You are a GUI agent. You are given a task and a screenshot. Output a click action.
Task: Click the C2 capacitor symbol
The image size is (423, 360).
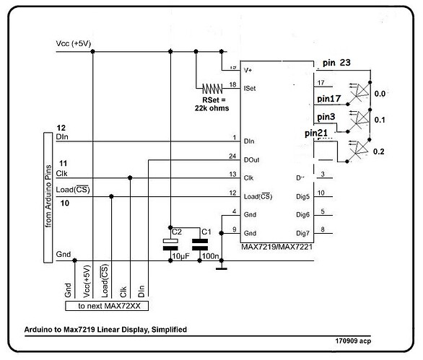[x=170, y=243]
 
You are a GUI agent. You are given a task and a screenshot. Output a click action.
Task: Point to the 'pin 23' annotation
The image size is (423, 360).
[x=336, y=63]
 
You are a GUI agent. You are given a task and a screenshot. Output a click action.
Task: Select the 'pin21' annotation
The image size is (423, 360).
[x=318, y=133]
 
